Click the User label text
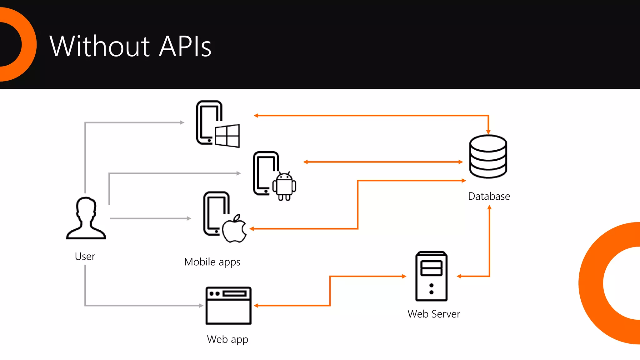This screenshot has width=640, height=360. pyautogui.click(x=85, y=256)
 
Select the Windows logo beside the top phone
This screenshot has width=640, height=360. pyautogui.click(x=227, y=136)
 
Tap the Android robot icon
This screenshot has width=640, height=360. pyautogui.click(x=284, y=187)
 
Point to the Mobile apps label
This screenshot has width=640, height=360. pyautogui.click(x=212, y=262)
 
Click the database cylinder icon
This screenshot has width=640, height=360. pyautogui.click(x=488, y=156)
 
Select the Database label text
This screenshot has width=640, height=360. pyautogui.click(x=489, y=196)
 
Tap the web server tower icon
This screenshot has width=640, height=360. pyautogui.click(x=431, y=276)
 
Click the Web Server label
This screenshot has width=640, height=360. pyautogui.click(x=434, y=314)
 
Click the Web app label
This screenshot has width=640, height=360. pyautogui.click(x=227, y=339)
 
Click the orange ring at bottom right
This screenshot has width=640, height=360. pyautogui.click(x=591, y=283)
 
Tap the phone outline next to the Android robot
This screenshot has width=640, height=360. pyautogui.click(x=262, y=173)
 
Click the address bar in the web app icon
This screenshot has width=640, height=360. pyautogui.click(x=235, y=293)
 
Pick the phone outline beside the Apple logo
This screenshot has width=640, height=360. pyautogui.click(x=213, y=214)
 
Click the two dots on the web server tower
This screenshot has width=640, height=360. pyautogui.click(x=431, y=289)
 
